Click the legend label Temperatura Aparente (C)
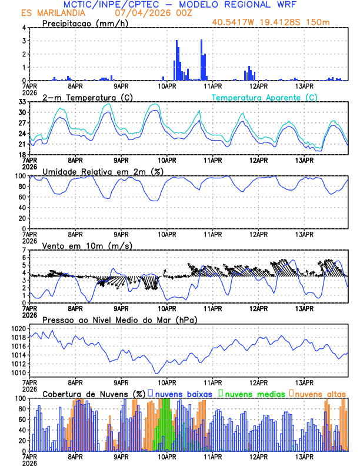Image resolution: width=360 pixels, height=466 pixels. click(265, 97)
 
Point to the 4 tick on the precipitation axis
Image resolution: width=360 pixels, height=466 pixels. click(24, 28)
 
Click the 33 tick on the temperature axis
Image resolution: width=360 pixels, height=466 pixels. click(22, 102)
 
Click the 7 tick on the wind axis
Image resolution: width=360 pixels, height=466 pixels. click(24, 251)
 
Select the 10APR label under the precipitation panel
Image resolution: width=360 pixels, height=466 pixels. click(167, 86)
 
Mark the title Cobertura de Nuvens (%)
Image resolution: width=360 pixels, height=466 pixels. click(94, 394)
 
